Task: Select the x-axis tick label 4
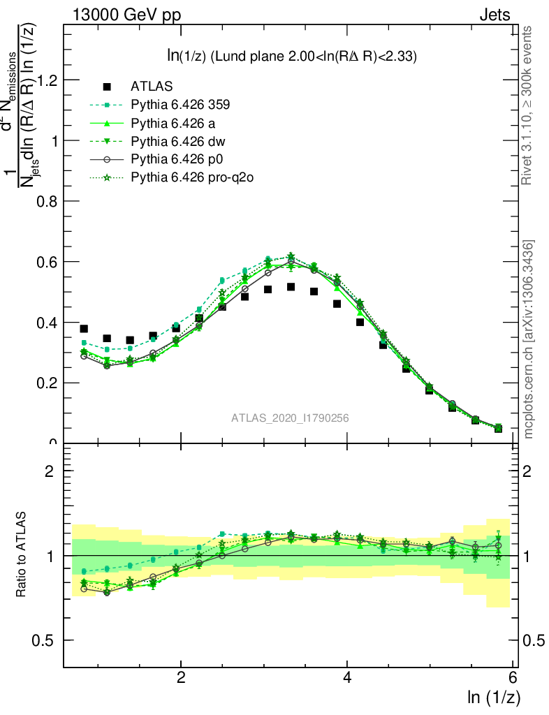pyautogui.click(x=347, y=678)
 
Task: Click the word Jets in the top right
pyautogui.click(x=495, y=15)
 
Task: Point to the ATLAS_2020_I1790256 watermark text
pyautogui.click(x=290, y=418)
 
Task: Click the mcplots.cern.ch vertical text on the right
pyautogui.click(x=529, y=339)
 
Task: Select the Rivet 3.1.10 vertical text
pyautogui.click(x=528, y=105)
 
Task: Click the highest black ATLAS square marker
pyautogui.click(x=291, y=287)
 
